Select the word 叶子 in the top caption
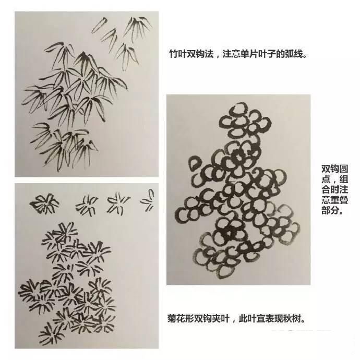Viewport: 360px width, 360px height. (267, 54)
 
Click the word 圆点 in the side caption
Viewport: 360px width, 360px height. (335, 174)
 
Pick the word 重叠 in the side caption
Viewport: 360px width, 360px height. (339, 199)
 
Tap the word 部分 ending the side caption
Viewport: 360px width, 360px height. (330, 210)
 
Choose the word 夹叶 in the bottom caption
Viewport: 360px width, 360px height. (221, 319)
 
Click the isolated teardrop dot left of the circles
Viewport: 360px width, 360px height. (195, 163)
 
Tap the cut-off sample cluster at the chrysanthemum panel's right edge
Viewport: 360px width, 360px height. (148, 200)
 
